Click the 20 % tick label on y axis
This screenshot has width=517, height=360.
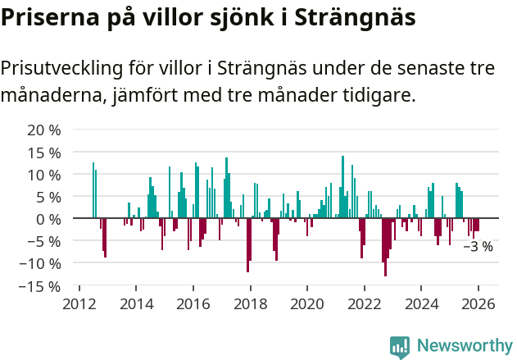(x=44, y=130)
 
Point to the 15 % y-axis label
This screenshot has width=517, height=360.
(x=44, y=153)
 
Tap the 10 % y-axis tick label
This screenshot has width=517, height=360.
(x=44, y=175)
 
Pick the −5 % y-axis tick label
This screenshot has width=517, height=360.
(x=44, y=241)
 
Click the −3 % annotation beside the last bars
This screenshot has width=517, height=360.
(x=478, y=246)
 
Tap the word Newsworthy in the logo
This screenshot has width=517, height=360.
(x=464, y=345)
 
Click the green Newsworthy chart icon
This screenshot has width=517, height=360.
(x=400, y=346)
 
